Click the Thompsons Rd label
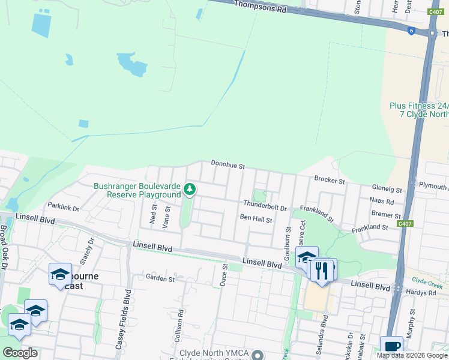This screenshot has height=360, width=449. (x=260, y=8)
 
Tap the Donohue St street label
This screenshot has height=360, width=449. (x=228, y=164)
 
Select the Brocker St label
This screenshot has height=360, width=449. (x=330, y=180)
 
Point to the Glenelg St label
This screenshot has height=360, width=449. (x=387, y=190)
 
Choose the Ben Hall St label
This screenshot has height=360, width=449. (x=256, y=219)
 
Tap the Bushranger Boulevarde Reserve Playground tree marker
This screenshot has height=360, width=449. (x=190, y=190)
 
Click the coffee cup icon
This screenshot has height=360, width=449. (x=391, y=346)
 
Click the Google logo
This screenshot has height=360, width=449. (x=20, y=352)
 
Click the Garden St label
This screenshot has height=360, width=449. (x=160, y=278)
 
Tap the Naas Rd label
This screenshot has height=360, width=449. (x=382, y=202)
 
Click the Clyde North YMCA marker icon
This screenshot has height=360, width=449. (x=258, y=355)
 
